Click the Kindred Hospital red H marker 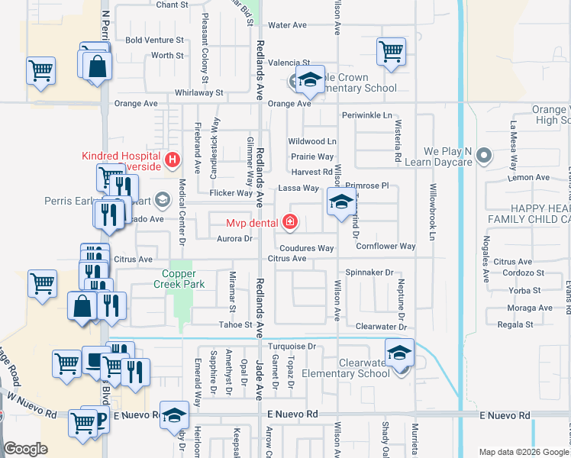tap(173, 160)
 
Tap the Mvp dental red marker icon tap(289, 223)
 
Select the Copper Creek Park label tap(184, 279)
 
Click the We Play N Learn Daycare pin tap(482, 157)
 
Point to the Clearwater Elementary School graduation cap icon tap(399, 353)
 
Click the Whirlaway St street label tap(198, 92)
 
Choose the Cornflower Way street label tap(386, 247)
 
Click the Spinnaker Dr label tap(369, 273)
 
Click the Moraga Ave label tap(530, 308)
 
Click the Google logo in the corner tap(25, 449)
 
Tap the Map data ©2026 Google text tap(523, 452)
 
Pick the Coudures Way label tap(306, 248)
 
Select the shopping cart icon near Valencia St tap(391, 53)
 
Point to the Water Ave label tap(287, 25)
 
